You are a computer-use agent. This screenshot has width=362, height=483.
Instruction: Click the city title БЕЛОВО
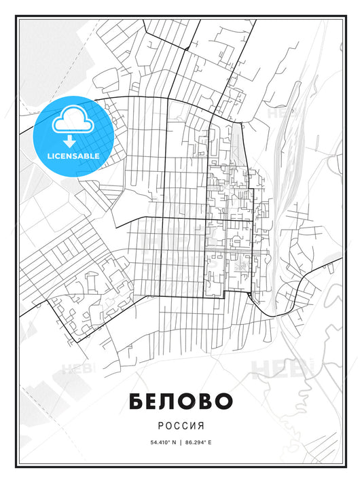pos(181,401)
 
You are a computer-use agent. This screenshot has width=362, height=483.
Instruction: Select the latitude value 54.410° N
pos(158,442)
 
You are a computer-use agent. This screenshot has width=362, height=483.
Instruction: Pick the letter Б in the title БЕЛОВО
pos(136,401)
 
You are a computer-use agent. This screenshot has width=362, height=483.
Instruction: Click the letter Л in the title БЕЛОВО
pos(170,401)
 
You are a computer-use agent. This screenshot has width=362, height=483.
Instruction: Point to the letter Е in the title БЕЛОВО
pos(153,401)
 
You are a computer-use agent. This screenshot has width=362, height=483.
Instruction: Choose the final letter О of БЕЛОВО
pos(225,401)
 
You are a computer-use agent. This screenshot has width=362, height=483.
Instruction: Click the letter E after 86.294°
pos(211,442)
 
